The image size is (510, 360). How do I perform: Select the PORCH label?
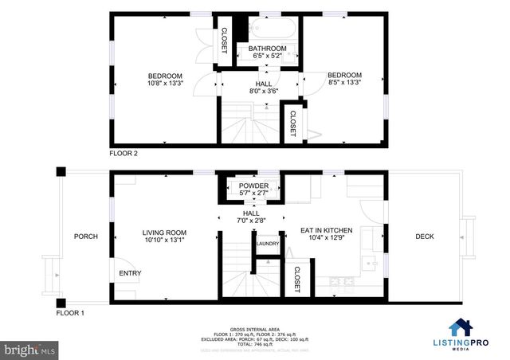tap(85, 237)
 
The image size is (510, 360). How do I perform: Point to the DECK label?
tap(424, 237)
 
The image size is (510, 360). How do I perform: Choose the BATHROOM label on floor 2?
tap(267, 49)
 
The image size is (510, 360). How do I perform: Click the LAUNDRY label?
tap(267, 244)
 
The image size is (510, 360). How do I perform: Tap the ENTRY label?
tap(130, 273)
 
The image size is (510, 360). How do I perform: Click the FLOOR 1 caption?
tap(70, 313)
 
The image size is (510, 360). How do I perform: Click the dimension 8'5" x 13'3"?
tap(344, 83)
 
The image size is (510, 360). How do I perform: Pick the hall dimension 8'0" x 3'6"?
tap(263, 92)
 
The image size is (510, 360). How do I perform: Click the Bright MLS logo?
tap(29, 349)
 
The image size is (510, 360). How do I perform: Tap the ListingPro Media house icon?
tap(460, 327)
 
